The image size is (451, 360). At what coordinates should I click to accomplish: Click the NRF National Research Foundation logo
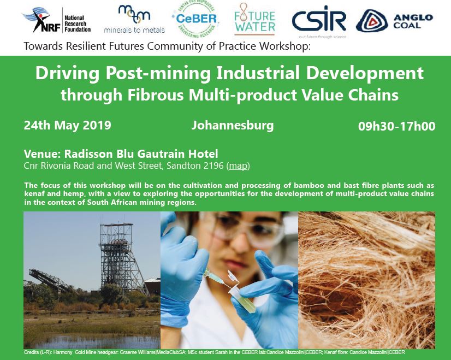point(57,21)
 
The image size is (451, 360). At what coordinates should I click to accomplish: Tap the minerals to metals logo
point(134,20)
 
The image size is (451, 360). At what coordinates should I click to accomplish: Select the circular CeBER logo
point(195,19)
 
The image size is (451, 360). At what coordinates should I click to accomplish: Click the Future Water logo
point(254,19)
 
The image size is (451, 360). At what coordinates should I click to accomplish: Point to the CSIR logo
point(319,21)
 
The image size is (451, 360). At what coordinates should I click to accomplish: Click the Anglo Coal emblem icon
point(372,21)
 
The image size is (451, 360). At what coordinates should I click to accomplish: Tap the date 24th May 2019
point(67,126)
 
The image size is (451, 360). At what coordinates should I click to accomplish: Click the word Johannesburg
point(233,126)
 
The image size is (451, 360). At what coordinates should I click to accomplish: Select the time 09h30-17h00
point(396,126)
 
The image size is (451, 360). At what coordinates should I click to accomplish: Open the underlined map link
point(238,166)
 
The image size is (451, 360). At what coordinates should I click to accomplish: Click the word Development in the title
point(365,73)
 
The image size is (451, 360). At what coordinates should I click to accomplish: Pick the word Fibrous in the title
point(155,95)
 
